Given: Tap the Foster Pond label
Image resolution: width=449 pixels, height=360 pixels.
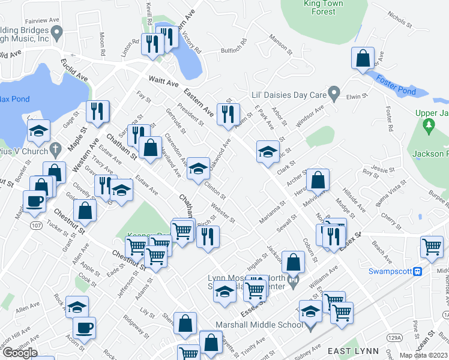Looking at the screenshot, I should (396, 85).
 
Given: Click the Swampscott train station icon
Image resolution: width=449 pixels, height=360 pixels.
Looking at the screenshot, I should (418, 271).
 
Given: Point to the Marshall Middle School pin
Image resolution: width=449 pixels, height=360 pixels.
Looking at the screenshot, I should (310, 326).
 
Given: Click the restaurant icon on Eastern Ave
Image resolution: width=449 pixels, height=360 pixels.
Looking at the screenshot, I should (228, 114).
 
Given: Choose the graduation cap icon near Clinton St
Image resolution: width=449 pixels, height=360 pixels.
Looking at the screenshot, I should (198, 169).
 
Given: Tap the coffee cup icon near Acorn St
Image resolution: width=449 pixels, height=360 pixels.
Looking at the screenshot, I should (84, 328).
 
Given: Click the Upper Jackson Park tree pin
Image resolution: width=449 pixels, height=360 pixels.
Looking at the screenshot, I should (429, 125).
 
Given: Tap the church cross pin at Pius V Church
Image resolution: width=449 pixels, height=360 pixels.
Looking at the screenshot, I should (55, 149).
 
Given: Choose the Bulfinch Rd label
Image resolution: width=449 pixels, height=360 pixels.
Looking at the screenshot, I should (234, 46).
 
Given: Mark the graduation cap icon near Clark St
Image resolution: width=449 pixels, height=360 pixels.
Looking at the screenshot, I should (267, 152).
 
